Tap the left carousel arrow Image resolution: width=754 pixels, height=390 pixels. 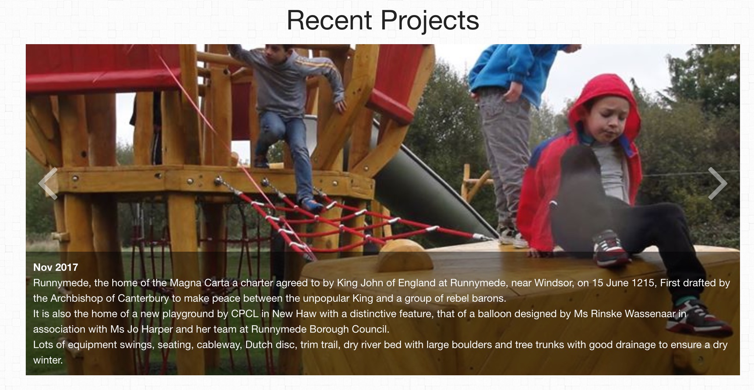48,183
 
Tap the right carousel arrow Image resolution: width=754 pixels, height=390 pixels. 718,183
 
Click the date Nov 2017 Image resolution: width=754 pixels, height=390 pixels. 56,267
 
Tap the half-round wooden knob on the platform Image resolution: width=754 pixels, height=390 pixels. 405,256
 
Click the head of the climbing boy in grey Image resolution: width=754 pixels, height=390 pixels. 275,52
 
